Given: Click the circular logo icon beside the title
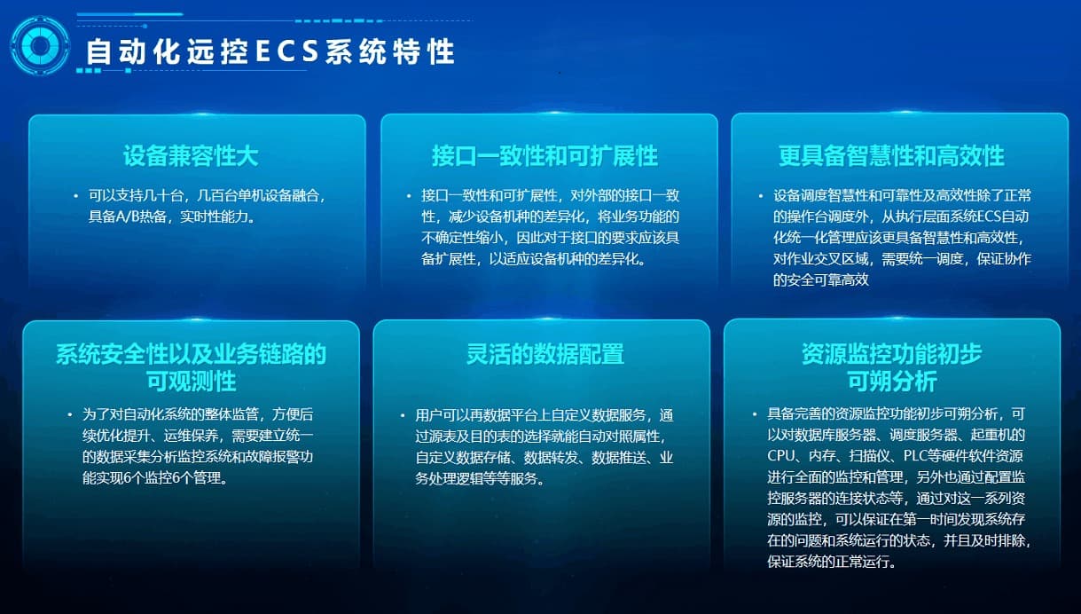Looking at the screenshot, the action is tap(40, 46).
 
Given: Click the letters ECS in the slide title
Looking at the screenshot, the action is tap(286, 51).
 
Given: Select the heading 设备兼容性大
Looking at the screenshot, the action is tap(191, 156).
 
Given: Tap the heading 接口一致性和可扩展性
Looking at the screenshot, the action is tap(544, 156).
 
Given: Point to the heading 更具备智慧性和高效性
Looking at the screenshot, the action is tap(891, 156).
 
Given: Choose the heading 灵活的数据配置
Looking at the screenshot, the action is tap(544, 354).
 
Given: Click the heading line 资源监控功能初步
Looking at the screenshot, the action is tap(892, 354).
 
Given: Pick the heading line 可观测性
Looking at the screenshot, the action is tap(192, 382).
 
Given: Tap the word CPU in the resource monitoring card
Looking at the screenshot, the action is tap(781, 456).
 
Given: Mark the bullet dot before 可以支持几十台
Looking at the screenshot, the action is tap(75, 195).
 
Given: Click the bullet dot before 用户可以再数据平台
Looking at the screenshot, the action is tap(403, 415).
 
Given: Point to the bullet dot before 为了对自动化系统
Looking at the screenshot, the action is tap(70, 414).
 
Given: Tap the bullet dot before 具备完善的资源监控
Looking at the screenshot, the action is tap(755, 413).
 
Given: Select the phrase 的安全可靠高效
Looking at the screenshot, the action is tap(821, 280).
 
